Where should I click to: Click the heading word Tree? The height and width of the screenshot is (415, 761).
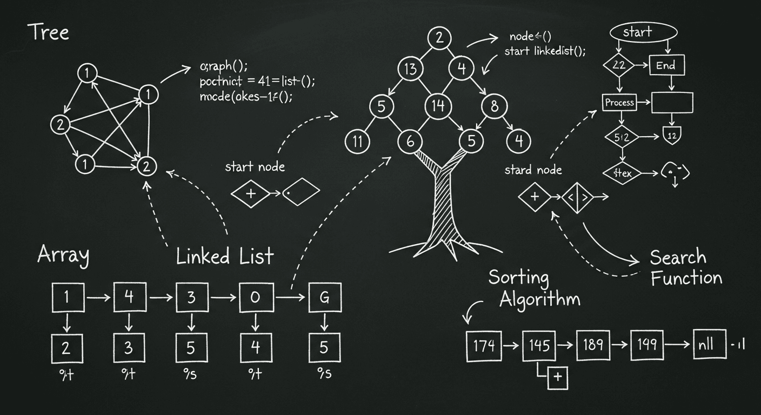click(x=48, y=32)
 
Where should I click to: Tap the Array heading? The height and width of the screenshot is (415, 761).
click(x=63, y=255)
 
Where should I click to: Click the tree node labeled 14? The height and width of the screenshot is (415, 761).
click(x=438, y=106)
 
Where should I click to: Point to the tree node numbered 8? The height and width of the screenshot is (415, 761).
click(x=494, y=106)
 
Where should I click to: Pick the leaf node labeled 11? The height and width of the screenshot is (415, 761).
click(x=357, y=142)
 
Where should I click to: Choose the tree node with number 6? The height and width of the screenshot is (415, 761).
click(x=410, y=142)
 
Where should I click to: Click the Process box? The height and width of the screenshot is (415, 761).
click(x=619, y=103)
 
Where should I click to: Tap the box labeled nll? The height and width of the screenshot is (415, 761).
click(x=710, y=344)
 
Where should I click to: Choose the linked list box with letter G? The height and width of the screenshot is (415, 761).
click(x=324, y=297)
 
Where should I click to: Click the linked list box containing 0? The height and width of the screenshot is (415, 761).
click(x=255, y=297)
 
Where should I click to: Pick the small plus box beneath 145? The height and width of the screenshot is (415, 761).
click(x=558, y=377)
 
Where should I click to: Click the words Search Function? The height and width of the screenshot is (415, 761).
click(x=685, y=267)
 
